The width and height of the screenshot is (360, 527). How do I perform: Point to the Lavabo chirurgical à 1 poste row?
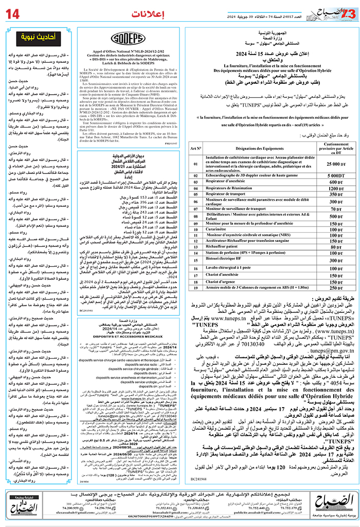click(x=236, y=269)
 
